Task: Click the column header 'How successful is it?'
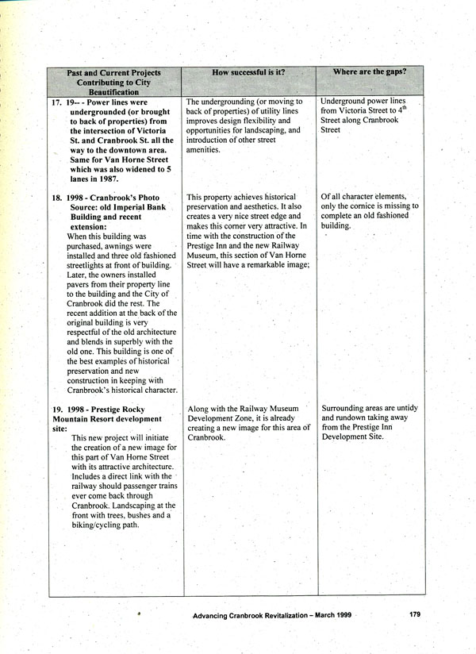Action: pos(248,72)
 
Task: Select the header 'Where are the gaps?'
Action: pos(370,72)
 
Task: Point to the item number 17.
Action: pos(57,102)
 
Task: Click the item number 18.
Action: pos(57,197)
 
